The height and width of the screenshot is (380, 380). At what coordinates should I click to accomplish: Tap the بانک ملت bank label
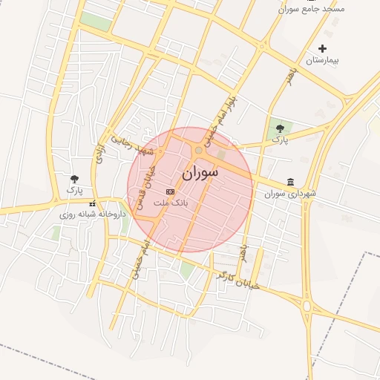[x=171, y=201]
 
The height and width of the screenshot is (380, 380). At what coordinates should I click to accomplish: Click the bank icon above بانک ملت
[x=171, y=191]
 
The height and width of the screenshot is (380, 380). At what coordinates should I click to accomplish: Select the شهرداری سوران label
[x=290, y=194]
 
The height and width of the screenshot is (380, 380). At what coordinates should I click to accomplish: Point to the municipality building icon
[x=290, y=183]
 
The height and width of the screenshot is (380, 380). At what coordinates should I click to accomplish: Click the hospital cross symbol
[x=322, y=48]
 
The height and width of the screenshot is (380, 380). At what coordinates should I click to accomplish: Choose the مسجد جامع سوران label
[x=312, y=9]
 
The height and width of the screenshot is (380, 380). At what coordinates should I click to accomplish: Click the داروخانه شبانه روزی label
[x=94, y=214]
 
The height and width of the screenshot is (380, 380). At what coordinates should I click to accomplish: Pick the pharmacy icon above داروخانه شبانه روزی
[x=93, y=203]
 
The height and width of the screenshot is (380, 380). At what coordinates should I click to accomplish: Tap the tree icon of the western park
[x=74, y=179]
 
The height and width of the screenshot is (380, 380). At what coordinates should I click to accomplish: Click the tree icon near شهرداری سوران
[x=279, y=128]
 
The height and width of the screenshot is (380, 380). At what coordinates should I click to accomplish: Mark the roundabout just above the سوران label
[x=199, y=151]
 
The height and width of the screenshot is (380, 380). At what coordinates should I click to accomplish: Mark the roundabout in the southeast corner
[x=307, y=305]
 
